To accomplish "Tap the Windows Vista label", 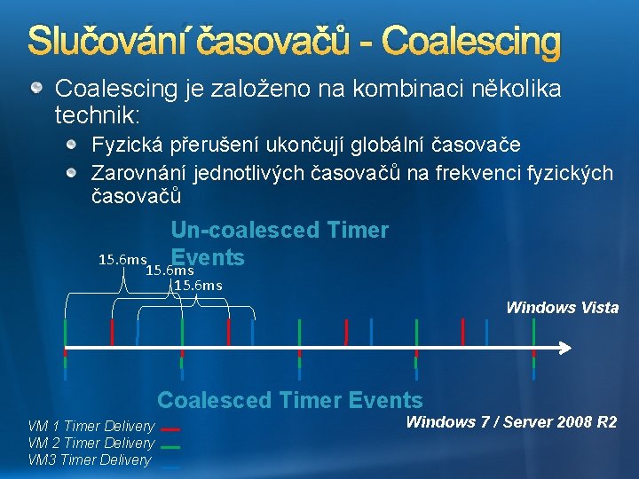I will coord(562,308).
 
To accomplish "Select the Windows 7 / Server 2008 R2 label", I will coord(511,422).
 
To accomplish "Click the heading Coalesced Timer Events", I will coord(290,400).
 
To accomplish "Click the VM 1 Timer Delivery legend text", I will coord(91,427).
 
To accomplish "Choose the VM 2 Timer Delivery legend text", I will coord(91,444).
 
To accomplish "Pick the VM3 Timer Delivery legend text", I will coord(90,460).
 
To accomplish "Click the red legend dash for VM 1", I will coord(171,429).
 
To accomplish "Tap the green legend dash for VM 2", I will coord(171,447).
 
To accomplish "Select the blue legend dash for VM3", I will coord(171,463).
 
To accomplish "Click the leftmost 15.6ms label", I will coord(122,260).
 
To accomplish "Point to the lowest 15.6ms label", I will coord(197,285).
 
